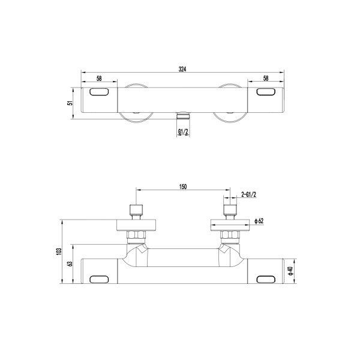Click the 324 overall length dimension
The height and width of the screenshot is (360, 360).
(182, 69)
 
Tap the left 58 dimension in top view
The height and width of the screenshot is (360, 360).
(99, 78)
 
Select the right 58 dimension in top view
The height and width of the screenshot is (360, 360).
(266, 78)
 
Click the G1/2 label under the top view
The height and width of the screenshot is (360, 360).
(183, 131)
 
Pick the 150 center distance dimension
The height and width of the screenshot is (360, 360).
(183, 187)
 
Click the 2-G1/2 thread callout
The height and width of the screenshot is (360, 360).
(248, 194)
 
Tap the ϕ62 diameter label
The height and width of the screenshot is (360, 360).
(259, 221)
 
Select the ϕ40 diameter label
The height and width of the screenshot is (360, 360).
(291, 271)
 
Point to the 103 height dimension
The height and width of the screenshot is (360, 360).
(59, 251)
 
